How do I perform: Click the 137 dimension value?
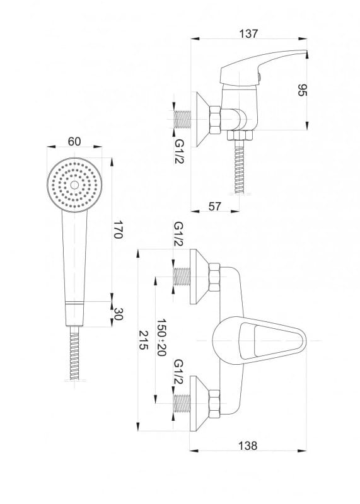tap(248, 34)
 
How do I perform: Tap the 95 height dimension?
tap(303, 89)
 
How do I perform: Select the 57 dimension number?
tap(215, 206)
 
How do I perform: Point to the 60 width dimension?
tap(74, 141)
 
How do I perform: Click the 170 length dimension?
tap(118, 229)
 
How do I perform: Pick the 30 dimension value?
tap(118, 314)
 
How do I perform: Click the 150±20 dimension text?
tap(161, 337)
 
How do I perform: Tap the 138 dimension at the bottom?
tap(248, 446)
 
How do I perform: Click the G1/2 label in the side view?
tap(179, 151)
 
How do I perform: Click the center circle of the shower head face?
tap(74, 185)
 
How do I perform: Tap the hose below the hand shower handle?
tap(74, 353)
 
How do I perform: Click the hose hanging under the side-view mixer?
tap(239, 166)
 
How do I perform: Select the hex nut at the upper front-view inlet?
tap(214, 277)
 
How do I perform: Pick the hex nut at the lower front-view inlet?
tap(214, 404)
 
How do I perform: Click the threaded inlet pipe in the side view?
tap(182, 120)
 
